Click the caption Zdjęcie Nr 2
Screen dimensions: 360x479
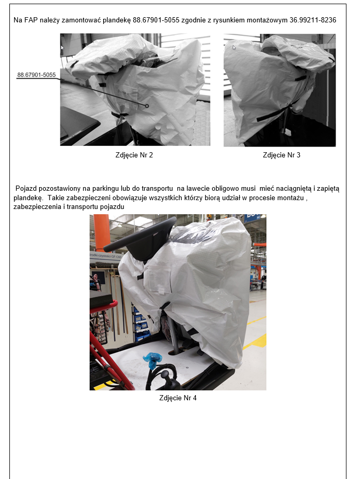click(x=134, y=155)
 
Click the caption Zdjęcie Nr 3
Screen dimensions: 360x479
click(x=281, y=155)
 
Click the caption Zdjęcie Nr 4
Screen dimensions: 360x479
click(x=178, y=398)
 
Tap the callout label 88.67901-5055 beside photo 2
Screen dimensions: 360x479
click(x=36, y=75)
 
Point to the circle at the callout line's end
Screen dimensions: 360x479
click(x=147, y=106)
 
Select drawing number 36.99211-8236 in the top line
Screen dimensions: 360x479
click(x=313, y=20)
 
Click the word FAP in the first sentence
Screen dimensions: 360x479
click(x=31, y=20)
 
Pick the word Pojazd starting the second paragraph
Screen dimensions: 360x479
click(x=26, y=189)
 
